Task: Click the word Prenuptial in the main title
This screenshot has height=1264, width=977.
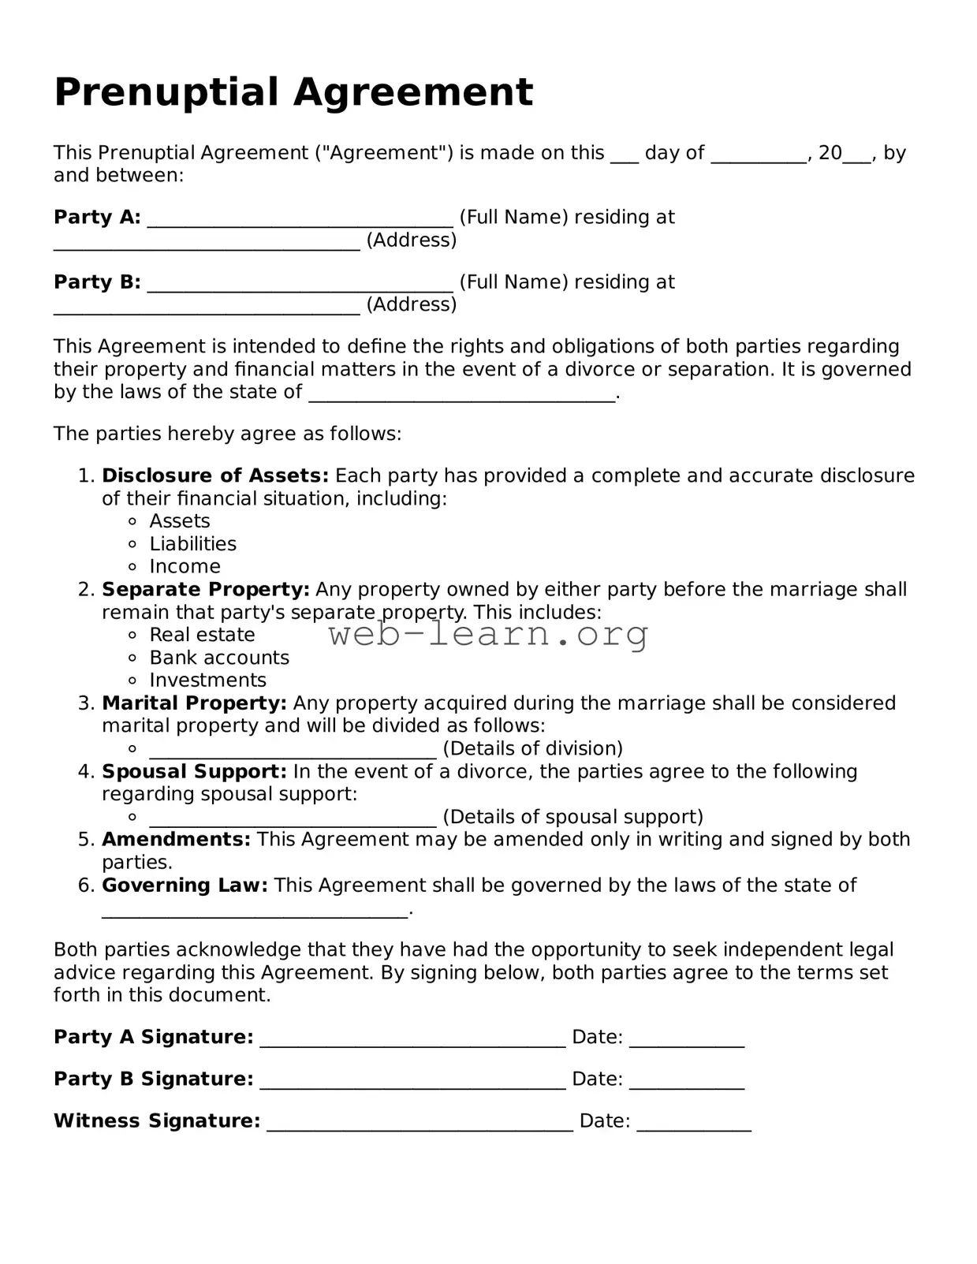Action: tap(169, 93)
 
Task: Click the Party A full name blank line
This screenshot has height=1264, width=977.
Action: tap(300, 221)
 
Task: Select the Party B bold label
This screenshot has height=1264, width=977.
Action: tap(97, 282)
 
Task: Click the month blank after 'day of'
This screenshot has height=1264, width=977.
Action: tap(759, 158)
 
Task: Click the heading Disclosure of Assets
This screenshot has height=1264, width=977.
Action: tap(214, 475)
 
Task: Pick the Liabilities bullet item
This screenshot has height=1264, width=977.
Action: tap(192, 544)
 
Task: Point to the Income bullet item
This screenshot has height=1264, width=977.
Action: tap(185, 567)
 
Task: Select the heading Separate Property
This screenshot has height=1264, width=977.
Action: tap(205, 590)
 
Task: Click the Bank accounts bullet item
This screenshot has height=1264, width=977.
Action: tap(218, 658)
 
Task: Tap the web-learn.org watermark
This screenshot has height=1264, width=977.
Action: tap(489, 635)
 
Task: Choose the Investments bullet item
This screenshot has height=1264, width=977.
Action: tap(207, 680)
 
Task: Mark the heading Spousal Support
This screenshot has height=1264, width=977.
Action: tap(194, 771)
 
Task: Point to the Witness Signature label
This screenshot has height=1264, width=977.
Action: tap(156, 1120)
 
